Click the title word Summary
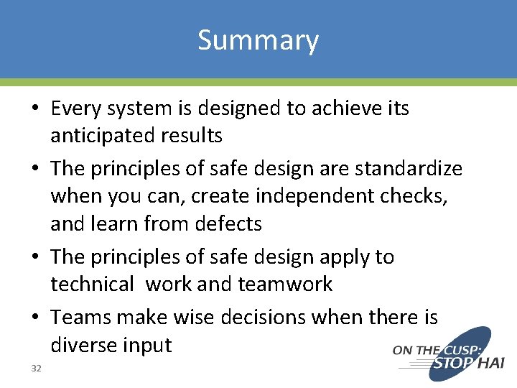[258, 40]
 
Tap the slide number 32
[37, 369]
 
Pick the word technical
[92, 285]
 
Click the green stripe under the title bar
[258, 82]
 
